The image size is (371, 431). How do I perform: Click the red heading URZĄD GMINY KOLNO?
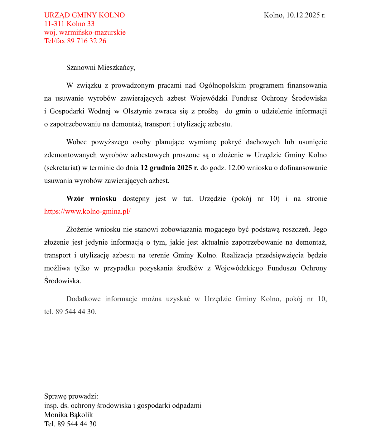(84, 15)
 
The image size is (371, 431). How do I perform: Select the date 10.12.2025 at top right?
(304, 15)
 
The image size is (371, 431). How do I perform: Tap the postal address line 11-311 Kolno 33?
(69, 24)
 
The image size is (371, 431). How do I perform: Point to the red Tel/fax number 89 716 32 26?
(87, 41)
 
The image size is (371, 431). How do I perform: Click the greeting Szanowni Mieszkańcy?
(100, 68)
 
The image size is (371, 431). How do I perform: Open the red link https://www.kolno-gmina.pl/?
(87, 212)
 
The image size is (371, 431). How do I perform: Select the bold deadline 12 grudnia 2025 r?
(169, 168)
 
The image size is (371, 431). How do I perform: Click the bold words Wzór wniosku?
(91, 199)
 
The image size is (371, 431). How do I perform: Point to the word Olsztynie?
(137, 112)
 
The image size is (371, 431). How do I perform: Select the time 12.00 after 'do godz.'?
(236, 168)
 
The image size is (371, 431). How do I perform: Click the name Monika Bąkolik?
(69, 415)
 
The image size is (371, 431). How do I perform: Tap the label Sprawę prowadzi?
(71, 396)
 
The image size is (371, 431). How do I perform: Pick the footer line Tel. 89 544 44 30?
(70, 424)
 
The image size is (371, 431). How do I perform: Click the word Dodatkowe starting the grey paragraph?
(83, 299)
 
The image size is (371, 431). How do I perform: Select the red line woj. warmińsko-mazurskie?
(85, 32)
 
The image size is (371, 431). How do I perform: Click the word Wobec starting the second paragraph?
(76, 142)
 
